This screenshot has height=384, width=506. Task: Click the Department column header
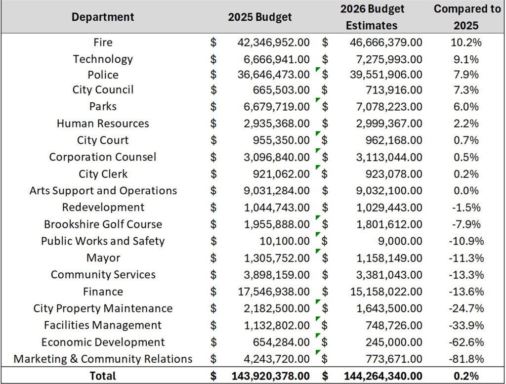tap(103, 17)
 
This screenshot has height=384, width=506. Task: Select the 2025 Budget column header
tap(259, 17)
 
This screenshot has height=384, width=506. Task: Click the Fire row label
tap(103, 43)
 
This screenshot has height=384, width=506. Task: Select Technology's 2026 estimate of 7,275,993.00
tap(389, 59)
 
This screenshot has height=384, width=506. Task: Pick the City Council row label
tap(103, 90)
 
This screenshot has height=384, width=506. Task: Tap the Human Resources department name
tap(103, 124)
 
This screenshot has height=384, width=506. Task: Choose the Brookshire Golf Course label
tap(103, 224)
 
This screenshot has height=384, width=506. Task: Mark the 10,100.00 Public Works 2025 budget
tap(285, 241)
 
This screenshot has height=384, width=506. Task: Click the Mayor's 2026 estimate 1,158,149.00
tap(389, 258)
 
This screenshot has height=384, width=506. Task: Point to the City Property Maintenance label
tap(103, 309)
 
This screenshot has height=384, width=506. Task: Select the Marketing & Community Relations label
tap(103, 359)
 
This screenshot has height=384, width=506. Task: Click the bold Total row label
tap(103, 376)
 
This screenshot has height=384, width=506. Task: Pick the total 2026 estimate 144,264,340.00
tap(383, 376)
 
